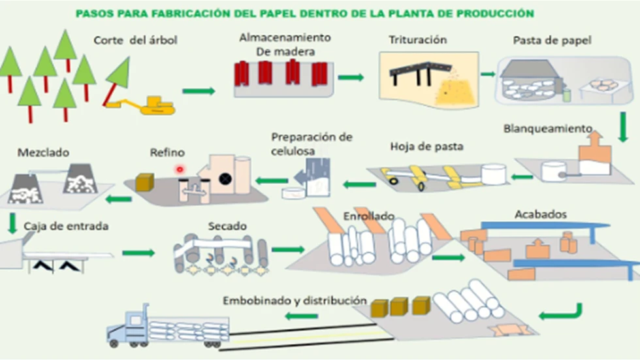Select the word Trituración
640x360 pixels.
point(417,40)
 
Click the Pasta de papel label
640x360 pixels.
point(552,40)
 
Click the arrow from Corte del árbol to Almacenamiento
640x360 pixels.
point(199,91)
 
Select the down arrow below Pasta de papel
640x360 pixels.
point(622,127)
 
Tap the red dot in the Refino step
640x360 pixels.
point(179,169)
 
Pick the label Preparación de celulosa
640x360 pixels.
point(312,144)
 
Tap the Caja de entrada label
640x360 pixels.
point(66,227)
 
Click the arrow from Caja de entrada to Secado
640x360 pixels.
point(138,253)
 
